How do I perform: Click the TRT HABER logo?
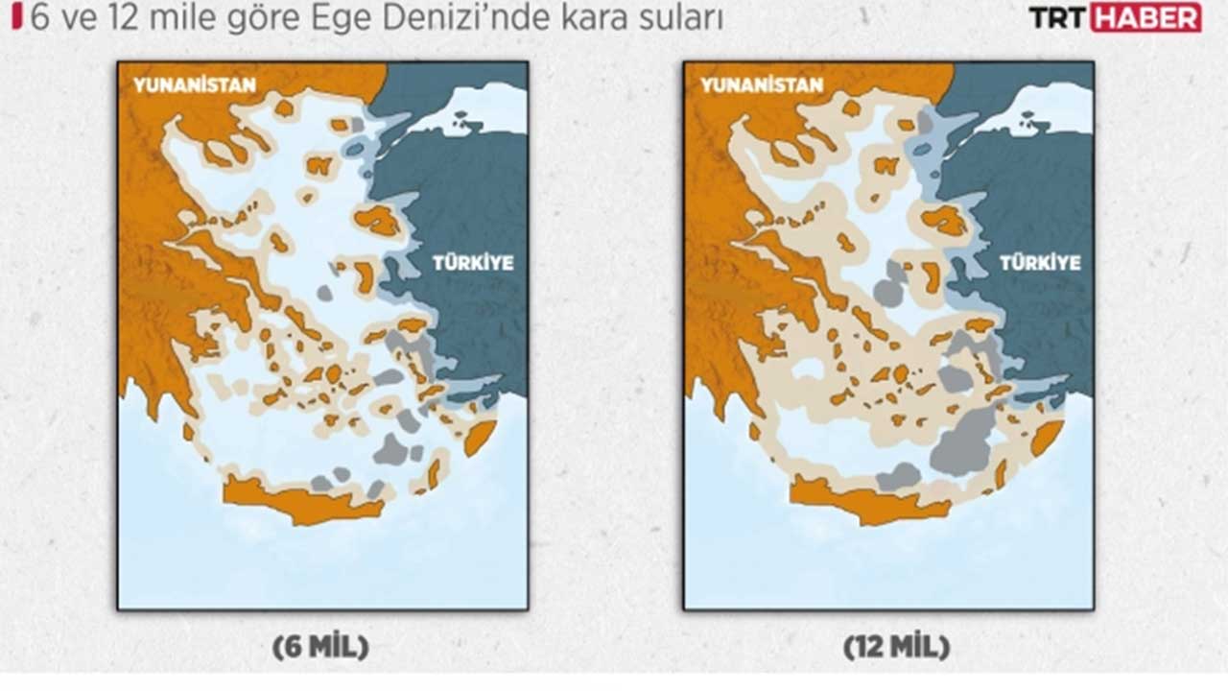pos(1114,17)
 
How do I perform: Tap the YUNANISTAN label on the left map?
pos(195,84)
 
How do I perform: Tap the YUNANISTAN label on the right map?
pos(762,84)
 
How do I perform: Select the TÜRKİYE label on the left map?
pos(472,262)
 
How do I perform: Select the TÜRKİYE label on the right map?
pos(1040,262)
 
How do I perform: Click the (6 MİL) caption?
pos(320,648)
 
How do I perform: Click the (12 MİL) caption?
pos(896,648)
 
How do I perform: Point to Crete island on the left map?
pos(297,502)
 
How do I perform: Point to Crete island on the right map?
pos(863,502)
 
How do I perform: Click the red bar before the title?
pos(15,17)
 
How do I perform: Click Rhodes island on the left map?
pos(480,437)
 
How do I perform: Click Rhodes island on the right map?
pos(1046,437)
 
